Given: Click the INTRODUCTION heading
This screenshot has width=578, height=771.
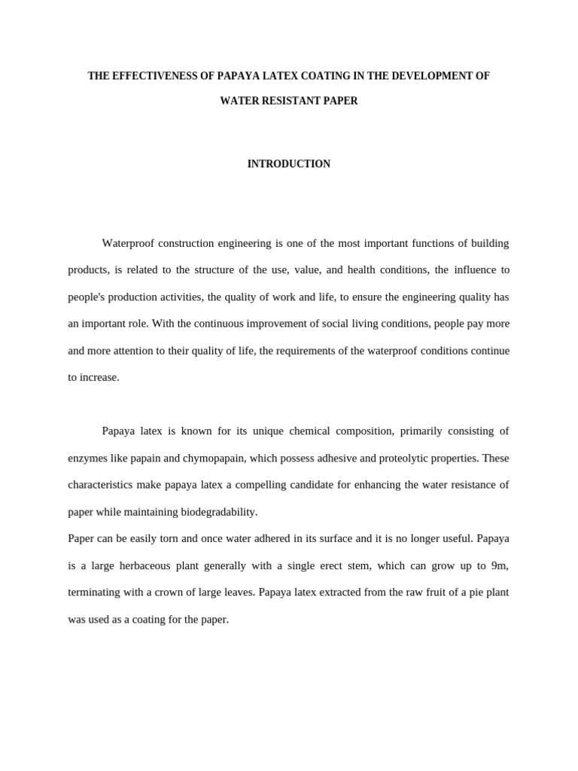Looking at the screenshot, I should click(289, 164).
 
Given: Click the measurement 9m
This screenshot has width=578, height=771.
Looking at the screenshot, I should click(499, 565).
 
